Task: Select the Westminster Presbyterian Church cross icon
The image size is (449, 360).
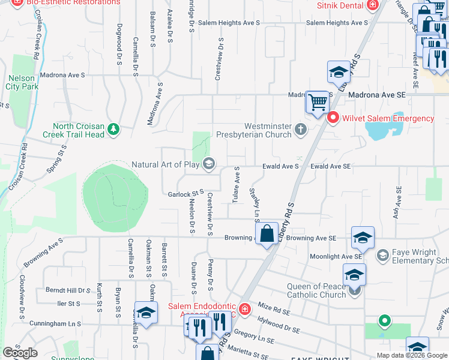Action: point(301,128)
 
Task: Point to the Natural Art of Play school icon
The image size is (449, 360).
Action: point(209,164)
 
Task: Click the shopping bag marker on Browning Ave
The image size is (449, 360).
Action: point(267,233)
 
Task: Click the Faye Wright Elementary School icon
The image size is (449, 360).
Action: point(382,256)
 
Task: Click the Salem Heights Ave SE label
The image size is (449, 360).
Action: point(336,23)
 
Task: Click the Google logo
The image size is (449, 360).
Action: point(20,352)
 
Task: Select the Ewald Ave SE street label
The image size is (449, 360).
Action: point(330,166)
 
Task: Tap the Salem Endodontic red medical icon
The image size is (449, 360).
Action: point(244,309)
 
